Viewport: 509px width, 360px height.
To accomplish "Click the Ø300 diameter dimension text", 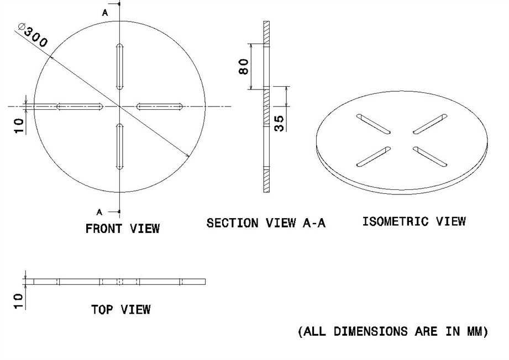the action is coord(33,35).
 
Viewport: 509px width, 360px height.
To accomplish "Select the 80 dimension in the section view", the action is coord(244,67).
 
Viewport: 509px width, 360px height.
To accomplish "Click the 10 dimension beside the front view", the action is coord(19,125).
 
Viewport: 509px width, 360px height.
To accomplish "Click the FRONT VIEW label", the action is coord(122,228).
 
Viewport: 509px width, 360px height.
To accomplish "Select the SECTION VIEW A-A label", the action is coord(266,223).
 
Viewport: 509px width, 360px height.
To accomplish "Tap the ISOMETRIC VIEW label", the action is coord(413,221).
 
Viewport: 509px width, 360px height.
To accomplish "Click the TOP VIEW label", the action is coord(120,310).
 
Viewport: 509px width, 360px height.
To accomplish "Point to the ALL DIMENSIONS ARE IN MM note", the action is coord(393,331).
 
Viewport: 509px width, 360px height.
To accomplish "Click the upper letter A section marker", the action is coord(105,12).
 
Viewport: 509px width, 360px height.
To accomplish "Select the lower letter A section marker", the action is coord(99,211).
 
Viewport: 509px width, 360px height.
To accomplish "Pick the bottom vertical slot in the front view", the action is coord(119,146).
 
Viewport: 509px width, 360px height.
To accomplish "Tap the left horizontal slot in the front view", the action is coord(80,106).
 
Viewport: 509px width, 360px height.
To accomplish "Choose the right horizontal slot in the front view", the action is coord(160,106).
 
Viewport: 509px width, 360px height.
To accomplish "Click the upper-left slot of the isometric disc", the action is coord(374,124).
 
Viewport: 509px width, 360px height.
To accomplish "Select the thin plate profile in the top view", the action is coord(116,282).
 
